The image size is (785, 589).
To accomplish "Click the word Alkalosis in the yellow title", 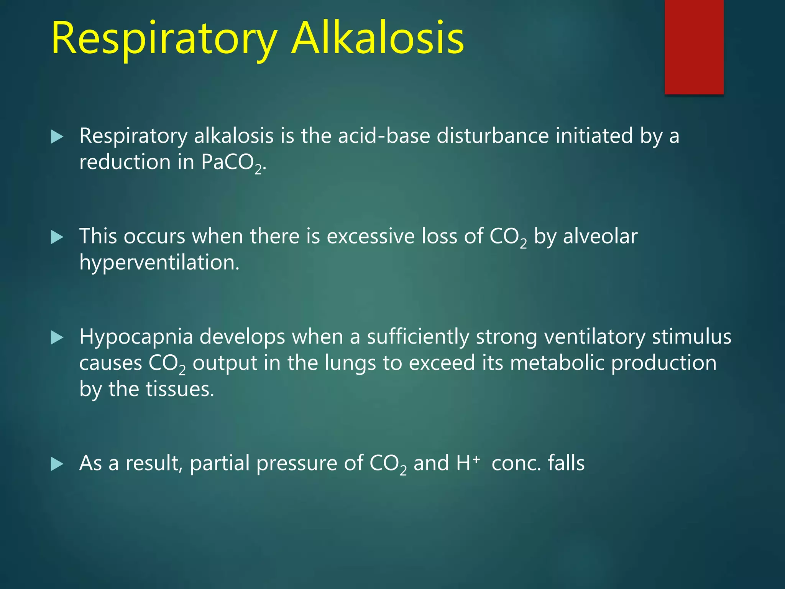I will (378, 38).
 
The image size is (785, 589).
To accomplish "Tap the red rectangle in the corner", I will (694, 47).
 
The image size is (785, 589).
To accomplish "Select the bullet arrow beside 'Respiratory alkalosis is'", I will (57, 137).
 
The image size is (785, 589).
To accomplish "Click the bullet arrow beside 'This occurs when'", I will (57, 237).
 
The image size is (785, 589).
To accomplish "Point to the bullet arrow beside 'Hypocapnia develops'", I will (57, 338).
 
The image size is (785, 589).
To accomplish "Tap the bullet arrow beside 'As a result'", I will (57, 464).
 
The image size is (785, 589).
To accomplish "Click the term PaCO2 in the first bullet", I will (232, 163).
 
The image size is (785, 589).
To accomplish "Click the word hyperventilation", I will (159, 263).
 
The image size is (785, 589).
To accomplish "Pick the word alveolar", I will (600, 236).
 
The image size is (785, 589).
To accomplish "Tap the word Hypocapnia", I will (136, 337).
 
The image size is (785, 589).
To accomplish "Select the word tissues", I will (180, 389).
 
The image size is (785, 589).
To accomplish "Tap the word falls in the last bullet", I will (566, 463).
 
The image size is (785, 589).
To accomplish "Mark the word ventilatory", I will (595, 337).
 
